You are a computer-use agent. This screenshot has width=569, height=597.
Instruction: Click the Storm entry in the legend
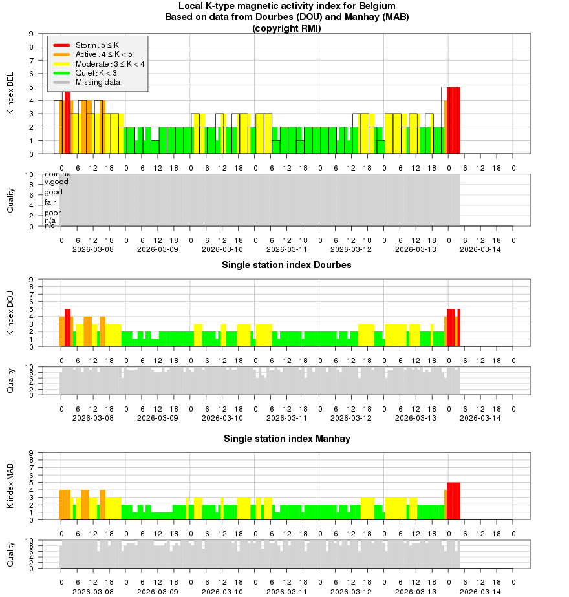(x=98, y=45)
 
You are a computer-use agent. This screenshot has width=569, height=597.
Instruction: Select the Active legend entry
(x=103, y=54)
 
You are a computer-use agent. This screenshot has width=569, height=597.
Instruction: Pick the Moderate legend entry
(x=110, y=63)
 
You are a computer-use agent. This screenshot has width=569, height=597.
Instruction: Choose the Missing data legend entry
(x=98, y=81)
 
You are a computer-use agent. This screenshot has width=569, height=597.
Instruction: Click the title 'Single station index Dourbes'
(x=286, y=265)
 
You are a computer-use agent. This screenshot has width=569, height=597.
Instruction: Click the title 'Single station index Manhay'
(x=287, y=439)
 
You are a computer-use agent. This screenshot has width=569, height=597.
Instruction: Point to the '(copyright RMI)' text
(x=286, y=28)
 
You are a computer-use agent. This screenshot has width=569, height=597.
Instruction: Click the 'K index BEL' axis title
(x=10, y=94)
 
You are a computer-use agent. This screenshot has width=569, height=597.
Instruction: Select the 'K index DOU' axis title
(x=10, y=313)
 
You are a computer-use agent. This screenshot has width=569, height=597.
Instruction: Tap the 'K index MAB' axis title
(x=10, y=487)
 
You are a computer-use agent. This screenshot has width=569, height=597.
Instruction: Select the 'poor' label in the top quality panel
(x=52, y=213)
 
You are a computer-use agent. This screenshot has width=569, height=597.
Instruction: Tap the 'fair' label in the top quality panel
(x=50, y=202)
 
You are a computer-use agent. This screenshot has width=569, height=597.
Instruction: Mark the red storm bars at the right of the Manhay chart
(x=453, y=501)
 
